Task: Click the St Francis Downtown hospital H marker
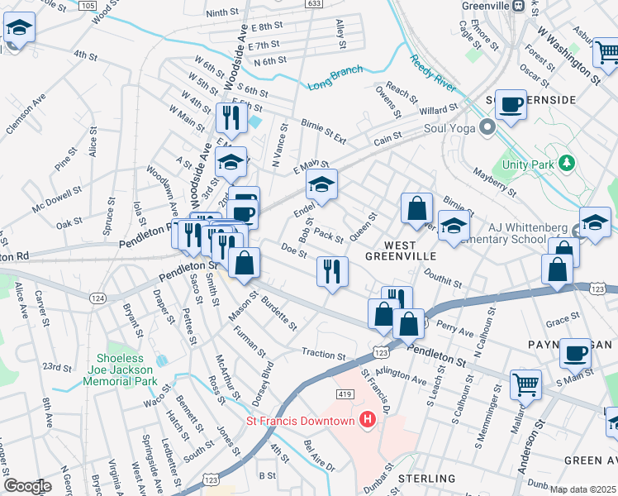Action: pyautogui.click(x=368, y=421)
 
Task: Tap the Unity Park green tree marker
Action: pyautogui.click(x=567, y=163)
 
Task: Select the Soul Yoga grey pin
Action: pyautogui.click(x=487, y=128)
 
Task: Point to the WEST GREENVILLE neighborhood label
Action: pyautogui.click(x=400, y=250)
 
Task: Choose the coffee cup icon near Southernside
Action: pyautogui.click(x=511, y=106)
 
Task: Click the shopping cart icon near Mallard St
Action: pyautogui.click(x=526, y=384)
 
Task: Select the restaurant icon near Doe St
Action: pyautogui.click(x=332, y=272)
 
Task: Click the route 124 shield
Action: pyautogui.click(x=98, y=298)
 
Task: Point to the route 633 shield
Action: pyautogui.click(x=313, y=3)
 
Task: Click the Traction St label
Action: pyautogui.click(x=323, y=354)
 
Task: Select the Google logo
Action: pyautogui.click(x=27, y=486)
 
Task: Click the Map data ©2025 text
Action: pyautogui.click(x=582, y=489)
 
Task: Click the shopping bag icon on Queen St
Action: pyautogui.click(x=417, y=209)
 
